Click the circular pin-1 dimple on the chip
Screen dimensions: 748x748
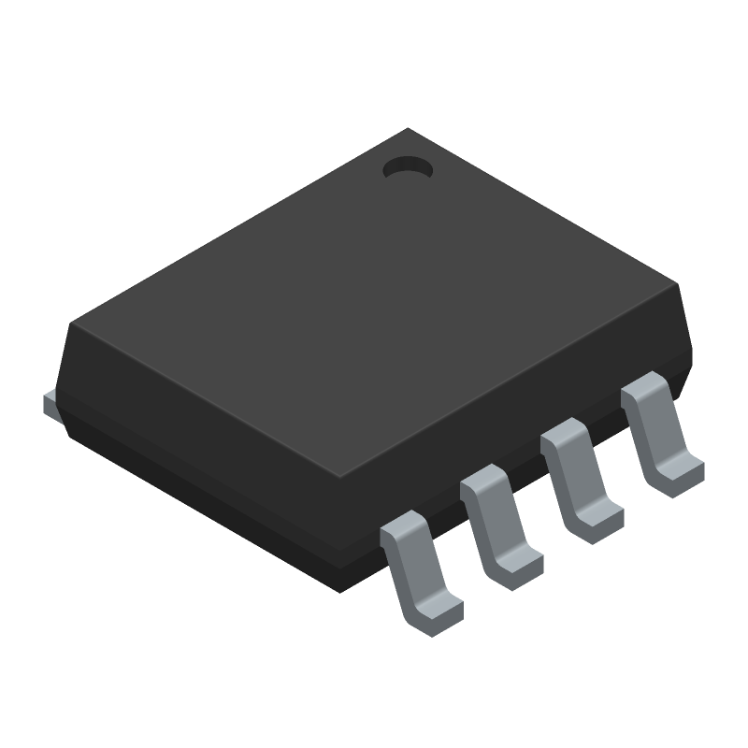point(408,168)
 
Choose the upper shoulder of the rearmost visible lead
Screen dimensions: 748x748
point(643,391)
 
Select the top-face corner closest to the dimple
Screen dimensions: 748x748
point(409,131)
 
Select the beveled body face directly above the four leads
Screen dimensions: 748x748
point(524,421)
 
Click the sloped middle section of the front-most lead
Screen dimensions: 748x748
point(416,570)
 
